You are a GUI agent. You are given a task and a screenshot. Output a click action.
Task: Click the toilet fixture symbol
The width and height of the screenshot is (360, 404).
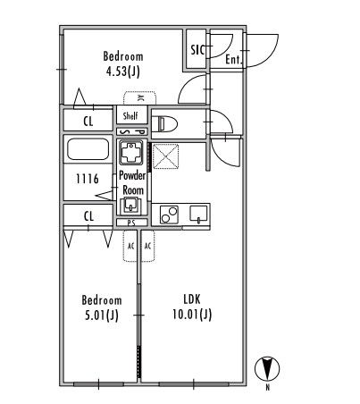[x=164, y=123]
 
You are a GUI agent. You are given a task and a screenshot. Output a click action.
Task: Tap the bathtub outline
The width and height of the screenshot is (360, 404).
[x=88, y=148]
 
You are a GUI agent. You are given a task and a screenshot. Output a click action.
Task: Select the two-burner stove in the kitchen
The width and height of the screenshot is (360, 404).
[x=169, y=215]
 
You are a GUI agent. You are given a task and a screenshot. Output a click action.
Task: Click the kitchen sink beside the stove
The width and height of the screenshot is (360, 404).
[x=198, y=215]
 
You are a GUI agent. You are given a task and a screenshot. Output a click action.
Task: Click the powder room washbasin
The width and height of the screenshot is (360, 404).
[x=130, y=206]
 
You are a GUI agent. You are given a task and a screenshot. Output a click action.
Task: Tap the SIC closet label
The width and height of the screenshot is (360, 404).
[x=197, y=50]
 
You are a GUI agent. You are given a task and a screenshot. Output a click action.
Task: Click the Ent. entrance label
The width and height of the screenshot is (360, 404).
[x=233, y=60]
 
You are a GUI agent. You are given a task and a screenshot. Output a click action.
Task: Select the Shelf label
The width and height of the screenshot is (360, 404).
[x=130, y=115]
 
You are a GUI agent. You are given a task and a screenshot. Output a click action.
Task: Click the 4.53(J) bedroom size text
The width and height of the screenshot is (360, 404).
[x=123, y=72]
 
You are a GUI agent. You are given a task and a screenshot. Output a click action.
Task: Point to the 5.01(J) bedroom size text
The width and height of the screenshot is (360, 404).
[x=102, y=315]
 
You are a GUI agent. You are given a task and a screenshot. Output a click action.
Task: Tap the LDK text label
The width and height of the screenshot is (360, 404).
[x=192, y=299]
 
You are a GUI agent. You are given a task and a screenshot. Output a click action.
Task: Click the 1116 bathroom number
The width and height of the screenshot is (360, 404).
[x=88, y=179]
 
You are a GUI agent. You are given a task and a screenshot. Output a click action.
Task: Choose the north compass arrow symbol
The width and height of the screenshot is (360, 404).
[x=267, y=368]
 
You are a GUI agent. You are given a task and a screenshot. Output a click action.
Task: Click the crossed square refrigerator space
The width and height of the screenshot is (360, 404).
[x=165, y=156]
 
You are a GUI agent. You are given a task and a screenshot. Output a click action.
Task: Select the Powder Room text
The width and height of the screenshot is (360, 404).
[x=132, y=182]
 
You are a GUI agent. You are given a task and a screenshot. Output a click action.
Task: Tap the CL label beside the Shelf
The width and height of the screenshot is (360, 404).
[x=88, y=122]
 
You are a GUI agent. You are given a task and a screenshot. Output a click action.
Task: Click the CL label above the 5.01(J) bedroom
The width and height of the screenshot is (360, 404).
[x=88, y=216]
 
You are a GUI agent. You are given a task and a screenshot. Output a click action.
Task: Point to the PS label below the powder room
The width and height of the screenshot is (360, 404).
[x=131, y=223]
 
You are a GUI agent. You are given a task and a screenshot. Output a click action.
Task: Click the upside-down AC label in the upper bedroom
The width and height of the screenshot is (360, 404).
[x=140, y=98]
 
